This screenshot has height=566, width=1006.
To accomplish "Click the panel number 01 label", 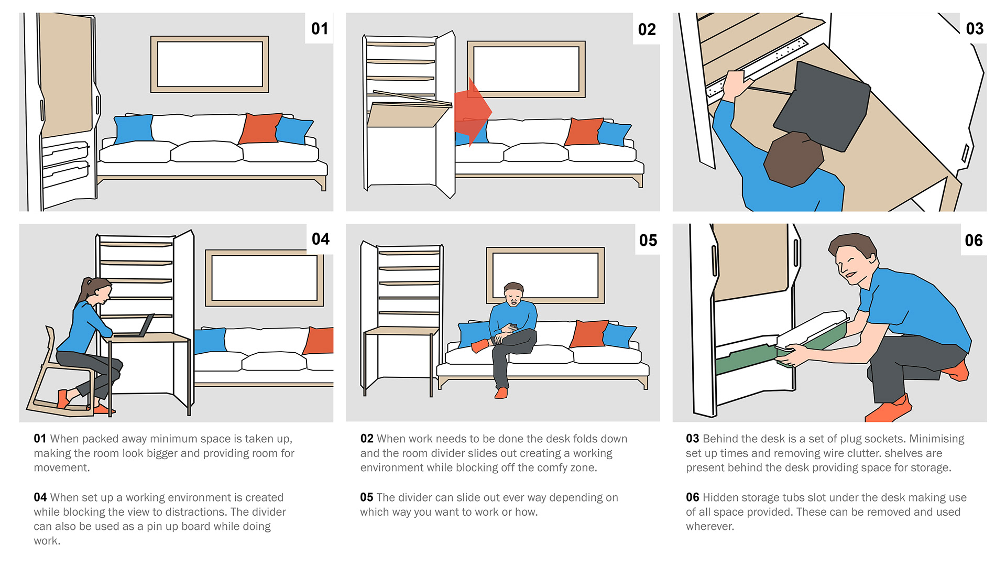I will pyautogui.click(x=319, y=29).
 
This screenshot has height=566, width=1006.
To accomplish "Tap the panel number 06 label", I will pyautogui.click(x=974, y=241).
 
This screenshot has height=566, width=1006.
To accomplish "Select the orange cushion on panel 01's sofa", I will pyautogui.click(x=260, y=128).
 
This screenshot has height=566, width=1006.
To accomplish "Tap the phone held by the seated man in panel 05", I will pyautogui.click(x=513, y=326).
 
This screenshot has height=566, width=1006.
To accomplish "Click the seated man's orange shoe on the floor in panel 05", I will pyautogui.click(x=501, y=393).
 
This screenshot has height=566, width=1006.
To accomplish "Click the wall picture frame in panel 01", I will pyautogui.click(x=210, y=64).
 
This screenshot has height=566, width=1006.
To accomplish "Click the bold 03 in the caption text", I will pyautogui.click(x=692, y=439).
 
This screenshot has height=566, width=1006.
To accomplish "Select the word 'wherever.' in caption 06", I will pyautogui.click(x=710, y=526).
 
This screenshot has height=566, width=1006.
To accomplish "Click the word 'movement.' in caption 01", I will pyautogui.click(x=62, y=467).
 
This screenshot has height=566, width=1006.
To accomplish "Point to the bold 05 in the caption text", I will pyautogui.click(x=366, y=497).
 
